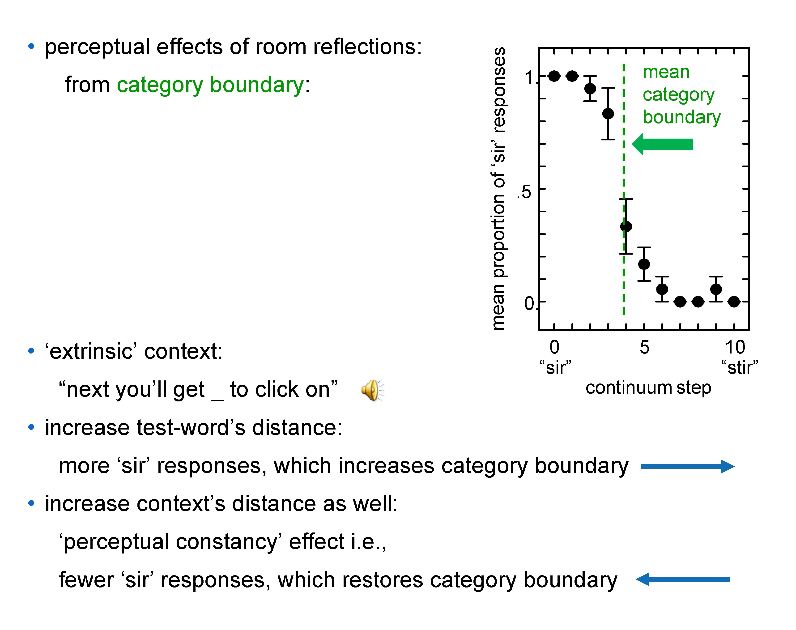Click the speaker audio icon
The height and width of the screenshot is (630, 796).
click(x=372, y=390)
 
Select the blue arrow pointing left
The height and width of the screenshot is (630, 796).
click(x=682, y=579)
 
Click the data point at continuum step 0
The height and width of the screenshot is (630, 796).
click(x=554, y=76)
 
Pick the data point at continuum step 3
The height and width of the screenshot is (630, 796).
click(x=608, y=114)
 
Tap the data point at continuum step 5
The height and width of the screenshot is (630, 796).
click(x=644, y=264)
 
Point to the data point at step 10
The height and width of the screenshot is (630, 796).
click(x=734, y=302)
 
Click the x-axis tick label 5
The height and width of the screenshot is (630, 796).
click(x=644, y=347)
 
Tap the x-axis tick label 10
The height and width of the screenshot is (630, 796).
click(x=735, y=347)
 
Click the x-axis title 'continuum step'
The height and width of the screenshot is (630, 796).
click(x=648, y=388)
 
